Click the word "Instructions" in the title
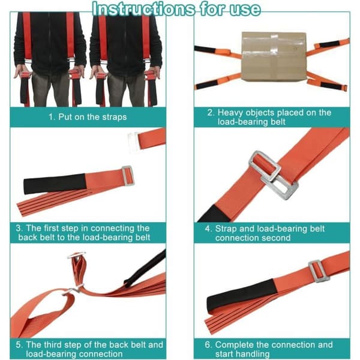pos(144,9)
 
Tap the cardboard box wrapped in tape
pos(274,56)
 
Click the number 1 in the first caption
pos(52,117)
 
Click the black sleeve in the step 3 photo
pos(55,183)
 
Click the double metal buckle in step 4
pos(273,175)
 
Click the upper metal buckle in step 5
pos(76,255)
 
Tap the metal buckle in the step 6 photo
pos(319,271)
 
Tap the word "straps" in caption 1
pos(115,117)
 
